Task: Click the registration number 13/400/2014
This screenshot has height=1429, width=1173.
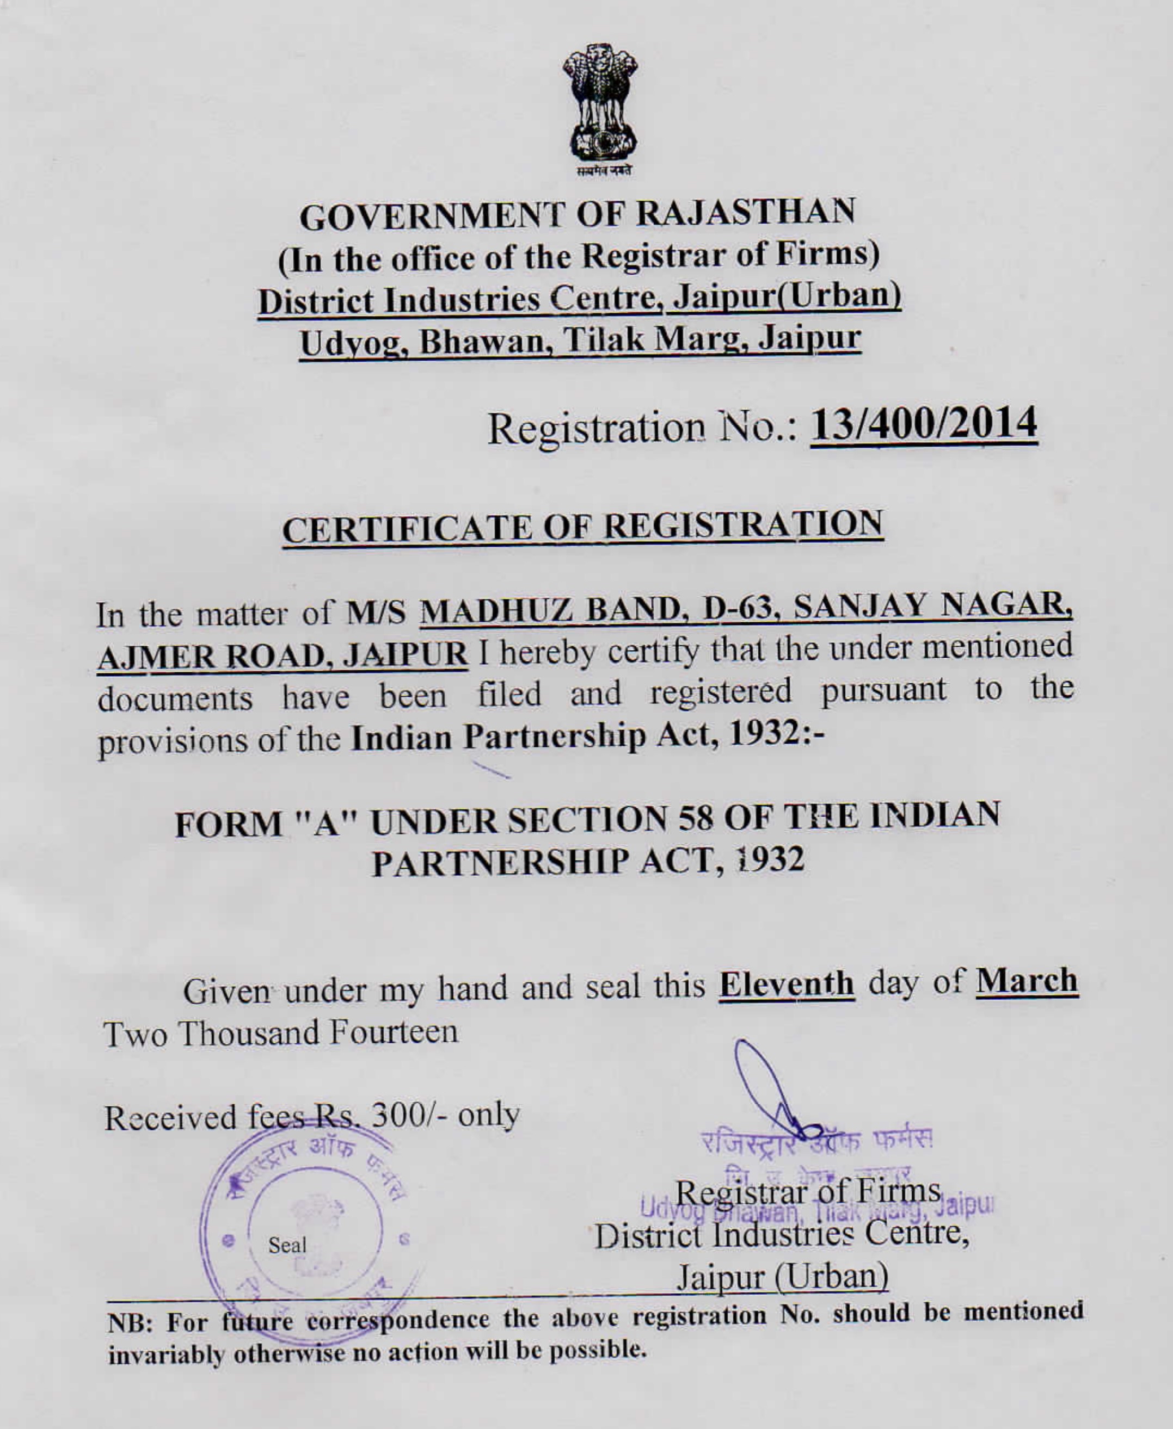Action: click(x=923, y=424)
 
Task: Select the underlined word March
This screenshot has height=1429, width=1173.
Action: click(x=1027, y=981)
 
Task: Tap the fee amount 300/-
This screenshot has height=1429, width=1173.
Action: click(x=412, y=1116)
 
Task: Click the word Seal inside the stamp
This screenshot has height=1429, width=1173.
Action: click(x=287, y=1245)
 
